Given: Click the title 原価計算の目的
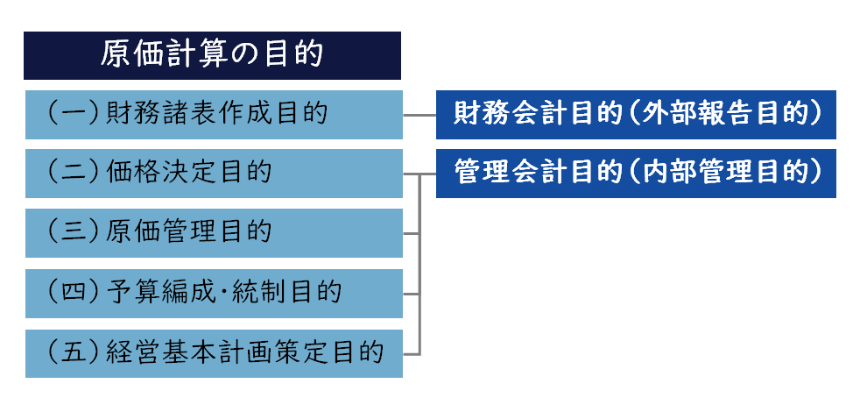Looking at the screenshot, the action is tap(212, 55).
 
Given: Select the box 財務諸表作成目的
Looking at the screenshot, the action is tap(214, 115).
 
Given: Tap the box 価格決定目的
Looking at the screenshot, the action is tap(214, 174).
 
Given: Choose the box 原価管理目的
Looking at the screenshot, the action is tap(214, 233).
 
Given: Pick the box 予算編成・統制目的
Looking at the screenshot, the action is tap(214, 294).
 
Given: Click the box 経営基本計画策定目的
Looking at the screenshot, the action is tap(214, 353).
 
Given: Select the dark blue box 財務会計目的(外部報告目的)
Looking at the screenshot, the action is tap(636, 115).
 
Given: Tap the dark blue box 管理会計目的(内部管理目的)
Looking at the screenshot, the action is tap(636, 174).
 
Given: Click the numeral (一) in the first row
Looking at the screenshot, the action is tap(72, 114).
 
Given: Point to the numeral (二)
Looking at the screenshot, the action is tap(72, 173).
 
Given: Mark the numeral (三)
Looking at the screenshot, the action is tap(72, 232).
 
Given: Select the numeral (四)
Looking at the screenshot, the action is tap(72, 293).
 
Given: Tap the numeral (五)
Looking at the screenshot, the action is tap(72, 352).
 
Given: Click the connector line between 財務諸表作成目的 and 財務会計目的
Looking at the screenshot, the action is tap(419, 115).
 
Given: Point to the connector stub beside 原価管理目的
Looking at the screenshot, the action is tap(412, 234).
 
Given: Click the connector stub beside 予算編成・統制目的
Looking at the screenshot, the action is tap(412, 294).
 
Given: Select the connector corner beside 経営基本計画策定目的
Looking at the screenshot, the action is tap(419, 354).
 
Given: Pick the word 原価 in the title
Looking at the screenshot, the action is tap(128, 55).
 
